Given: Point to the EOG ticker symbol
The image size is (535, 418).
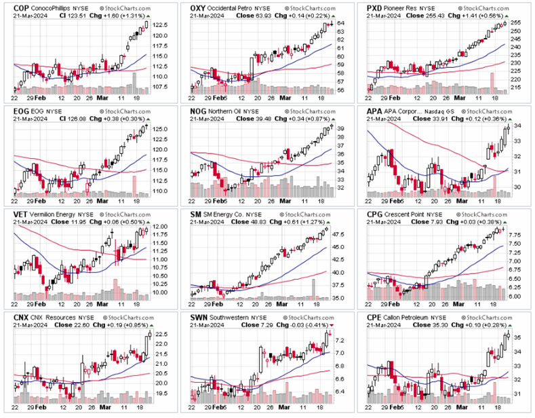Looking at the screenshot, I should (x=13, y=109).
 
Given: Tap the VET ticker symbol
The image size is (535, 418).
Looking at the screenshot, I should (x=12, y=213).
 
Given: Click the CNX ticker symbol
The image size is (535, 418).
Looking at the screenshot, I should (x=13, y=317).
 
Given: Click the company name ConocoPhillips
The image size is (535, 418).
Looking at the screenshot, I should (x=52, y=9).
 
